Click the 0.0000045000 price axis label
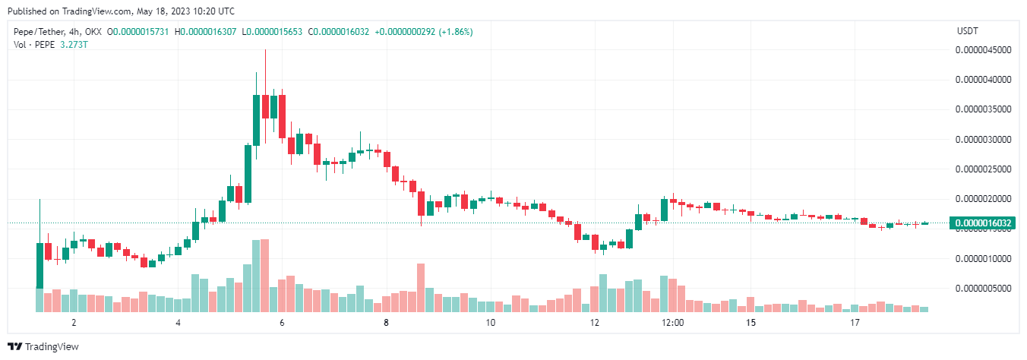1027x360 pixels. click(x=984, y=50)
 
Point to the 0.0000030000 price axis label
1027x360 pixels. click(x=984, y=140)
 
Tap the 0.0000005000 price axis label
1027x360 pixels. click(x=984, y=289)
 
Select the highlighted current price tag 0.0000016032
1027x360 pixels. click(x=984, y=223)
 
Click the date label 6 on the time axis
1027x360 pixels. click(x=282, y=323)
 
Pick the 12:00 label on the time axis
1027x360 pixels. click(x=673, y=323)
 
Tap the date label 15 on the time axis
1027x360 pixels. click(x=751, y=323)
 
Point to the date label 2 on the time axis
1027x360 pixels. click(x=74, y=323)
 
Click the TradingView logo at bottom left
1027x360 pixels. click(x=43, y=347)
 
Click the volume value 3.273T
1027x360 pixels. click(x=73, y=44)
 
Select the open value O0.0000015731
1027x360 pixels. click(x=140, y=32)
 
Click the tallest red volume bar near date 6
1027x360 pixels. click(x=264, y=276)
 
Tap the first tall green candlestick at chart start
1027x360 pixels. click(x=39, y=266)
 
